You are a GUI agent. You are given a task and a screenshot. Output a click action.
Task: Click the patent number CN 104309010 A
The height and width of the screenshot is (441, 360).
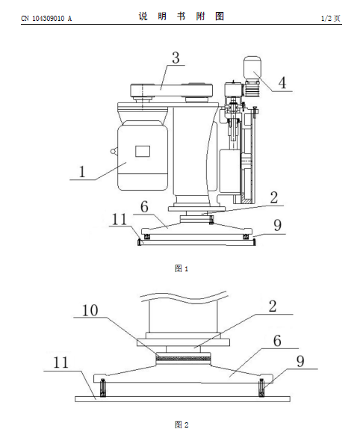coord(46,19)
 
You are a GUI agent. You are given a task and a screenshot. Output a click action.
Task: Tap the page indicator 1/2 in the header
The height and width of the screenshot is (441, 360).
coord(326,19)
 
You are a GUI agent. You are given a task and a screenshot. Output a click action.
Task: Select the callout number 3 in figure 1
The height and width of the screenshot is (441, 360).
coord(176,58)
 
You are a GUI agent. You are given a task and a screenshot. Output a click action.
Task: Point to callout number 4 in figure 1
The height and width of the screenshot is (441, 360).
coord(282,83)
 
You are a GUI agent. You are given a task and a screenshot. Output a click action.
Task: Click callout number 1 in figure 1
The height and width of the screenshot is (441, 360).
coord(82,172)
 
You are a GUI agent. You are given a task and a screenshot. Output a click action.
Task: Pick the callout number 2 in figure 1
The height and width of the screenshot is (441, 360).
coord(274,197)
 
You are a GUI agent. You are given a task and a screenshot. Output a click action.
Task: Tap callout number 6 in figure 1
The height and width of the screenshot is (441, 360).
coord(144,207)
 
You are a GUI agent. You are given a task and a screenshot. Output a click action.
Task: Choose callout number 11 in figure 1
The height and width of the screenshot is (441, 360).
coord(120,219)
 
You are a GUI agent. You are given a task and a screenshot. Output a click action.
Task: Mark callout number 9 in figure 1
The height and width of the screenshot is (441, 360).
coord(277,225)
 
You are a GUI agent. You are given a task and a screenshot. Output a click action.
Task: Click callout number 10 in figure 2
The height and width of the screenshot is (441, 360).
coord(90,311)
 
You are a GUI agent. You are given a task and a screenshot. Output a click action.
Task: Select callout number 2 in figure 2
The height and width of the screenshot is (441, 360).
coord(273,306)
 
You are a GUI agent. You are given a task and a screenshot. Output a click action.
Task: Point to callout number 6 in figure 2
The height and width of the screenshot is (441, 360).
coord(277,341)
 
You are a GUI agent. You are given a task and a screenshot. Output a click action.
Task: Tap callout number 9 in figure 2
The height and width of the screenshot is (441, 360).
coord(300,362)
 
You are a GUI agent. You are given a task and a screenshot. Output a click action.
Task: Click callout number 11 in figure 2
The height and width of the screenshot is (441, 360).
coord(60,363)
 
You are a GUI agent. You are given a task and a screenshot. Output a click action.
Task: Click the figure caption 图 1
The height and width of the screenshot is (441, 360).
coord(181,268)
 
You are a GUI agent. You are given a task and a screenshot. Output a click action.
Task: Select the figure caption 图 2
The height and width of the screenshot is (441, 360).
coord(181,425)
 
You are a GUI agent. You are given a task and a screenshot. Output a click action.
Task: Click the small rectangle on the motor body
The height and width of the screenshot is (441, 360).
coord(143,151)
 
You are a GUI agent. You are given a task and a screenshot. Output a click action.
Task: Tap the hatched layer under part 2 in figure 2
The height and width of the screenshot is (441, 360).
coord(183,359)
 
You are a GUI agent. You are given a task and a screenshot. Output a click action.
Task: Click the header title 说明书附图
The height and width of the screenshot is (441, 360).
coord(181,16)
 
